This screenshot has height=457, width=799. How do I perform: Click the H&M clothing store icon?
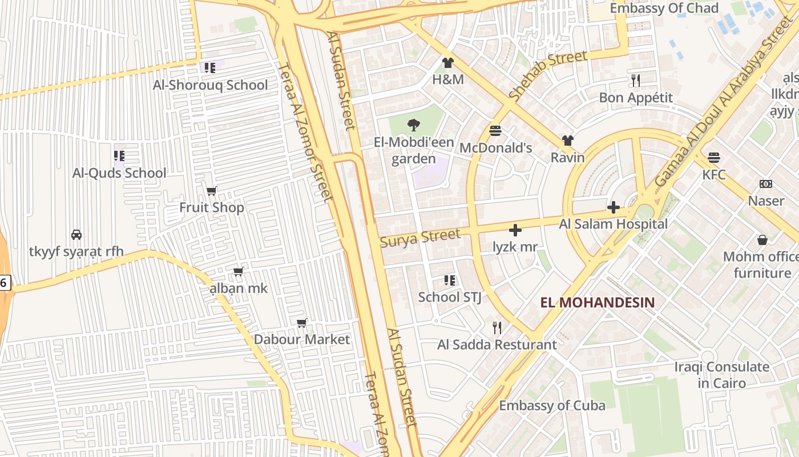447,63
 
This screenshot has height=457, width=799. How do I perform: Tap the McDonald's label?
495,148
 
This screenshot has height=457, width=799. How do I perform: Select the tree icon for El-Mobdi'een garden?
413,125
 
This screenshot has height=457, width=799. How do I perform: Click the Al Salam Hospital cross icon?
614,207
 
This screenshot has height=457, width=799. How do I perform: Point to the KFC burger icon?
714,157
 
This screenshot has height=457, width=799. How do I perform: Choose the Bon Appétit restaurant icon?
636,80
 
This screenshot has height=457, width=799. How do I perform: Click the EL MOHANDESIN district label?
598,302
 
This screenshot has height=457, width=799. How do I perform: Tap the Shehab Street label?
548,75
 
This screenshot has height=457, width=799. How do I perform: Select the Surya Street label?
420,238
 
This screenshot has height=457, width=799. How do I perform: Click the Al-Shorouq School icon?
210,68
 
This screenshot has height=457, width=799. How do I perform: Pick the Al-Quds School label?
119,173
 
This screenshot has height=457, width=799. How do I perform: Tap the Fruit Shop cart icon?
212,191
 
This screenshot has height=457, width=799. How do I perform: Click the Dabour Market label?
302,339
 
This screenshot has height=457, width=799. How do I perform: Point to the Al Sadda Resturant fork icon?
497,327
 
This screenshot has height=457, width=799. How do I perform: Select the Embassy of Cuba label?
552,406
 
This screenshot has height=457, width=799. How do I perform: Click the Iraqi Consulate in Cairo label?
721,374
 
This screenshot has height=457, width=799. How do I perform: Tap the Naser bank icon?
766,184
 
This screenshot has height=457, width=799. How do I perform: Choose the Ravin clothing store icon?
567,141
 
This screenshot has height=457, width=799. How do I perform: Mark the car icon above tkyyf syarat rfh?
76,234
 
